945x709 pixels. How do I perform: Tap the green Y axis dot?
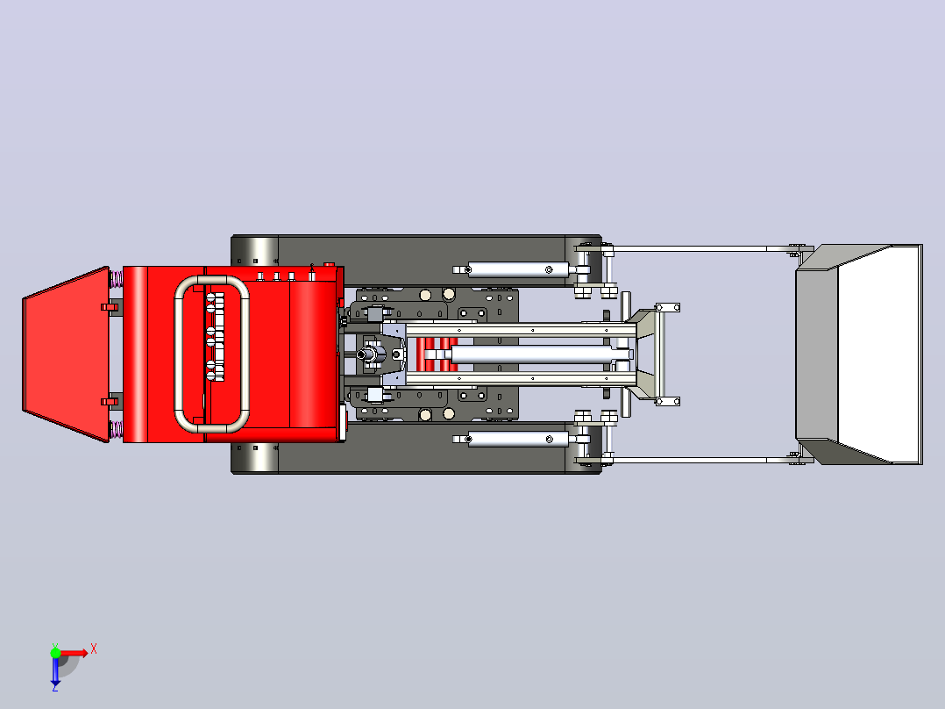55,653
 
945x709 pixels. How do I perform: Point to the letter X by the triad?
94,649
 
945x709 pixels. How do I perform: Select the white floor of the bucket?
878,354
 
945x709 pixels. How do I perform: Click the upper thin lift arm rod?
700,248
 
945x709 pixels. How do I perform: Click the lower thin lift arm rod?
700,460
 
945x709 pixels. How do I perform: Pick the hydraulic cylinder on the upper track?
518,269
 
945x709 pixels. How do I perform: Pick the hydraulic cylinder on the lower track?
518,439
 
